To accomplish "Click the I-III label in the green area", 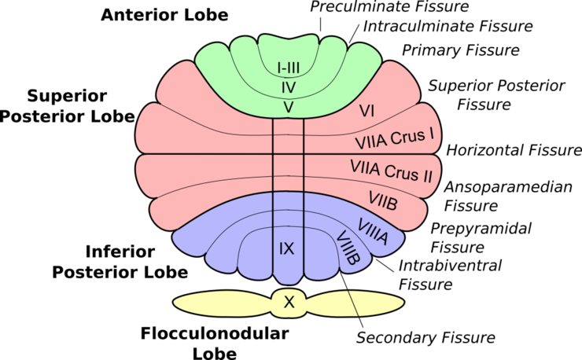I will pyautogui.click(x=289, y=68).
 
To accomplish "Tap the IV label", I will pyautogui.click(x=289, y=87).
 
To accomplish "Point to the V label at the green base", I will pyautogui.click(x=289, y=108).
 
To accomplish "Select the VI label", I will pyautogui.click(x=366, y=112).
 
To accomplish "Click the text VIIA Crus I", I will pyautogui.click(x=395, y=139).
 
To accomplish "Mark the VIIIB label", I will pyautogui.click(x=348, y=247).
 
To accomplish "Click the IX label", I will pyautogui.click(x=287, y=249).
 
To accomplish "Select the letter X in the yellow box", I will pyautogui.click(x=289, y=302).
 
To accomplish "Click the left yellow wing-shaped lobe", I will pyautogui.click(x=220, y=303).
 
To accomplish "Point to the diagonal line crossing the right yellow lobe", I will pyautogui.click(x=353, y=303).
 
